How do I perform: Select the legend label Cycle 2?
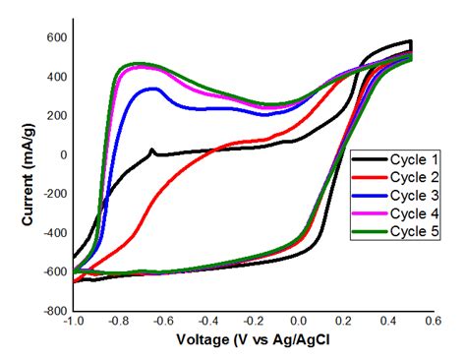tap(402, 178)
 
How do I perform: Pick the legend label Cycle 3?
tap(402, 196)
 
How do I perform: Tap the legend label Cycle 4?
tap(402, 213)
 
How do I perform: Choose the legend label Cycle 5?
tap(402, 231)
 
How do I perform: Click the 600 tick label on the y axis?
tap(56, 37)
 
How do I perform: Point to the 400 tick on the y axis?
tap(56, 77)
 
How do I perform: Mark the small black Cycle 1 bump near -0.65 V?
tap(152, 150)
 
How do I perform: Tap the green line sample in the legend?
tap(367, 231)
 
